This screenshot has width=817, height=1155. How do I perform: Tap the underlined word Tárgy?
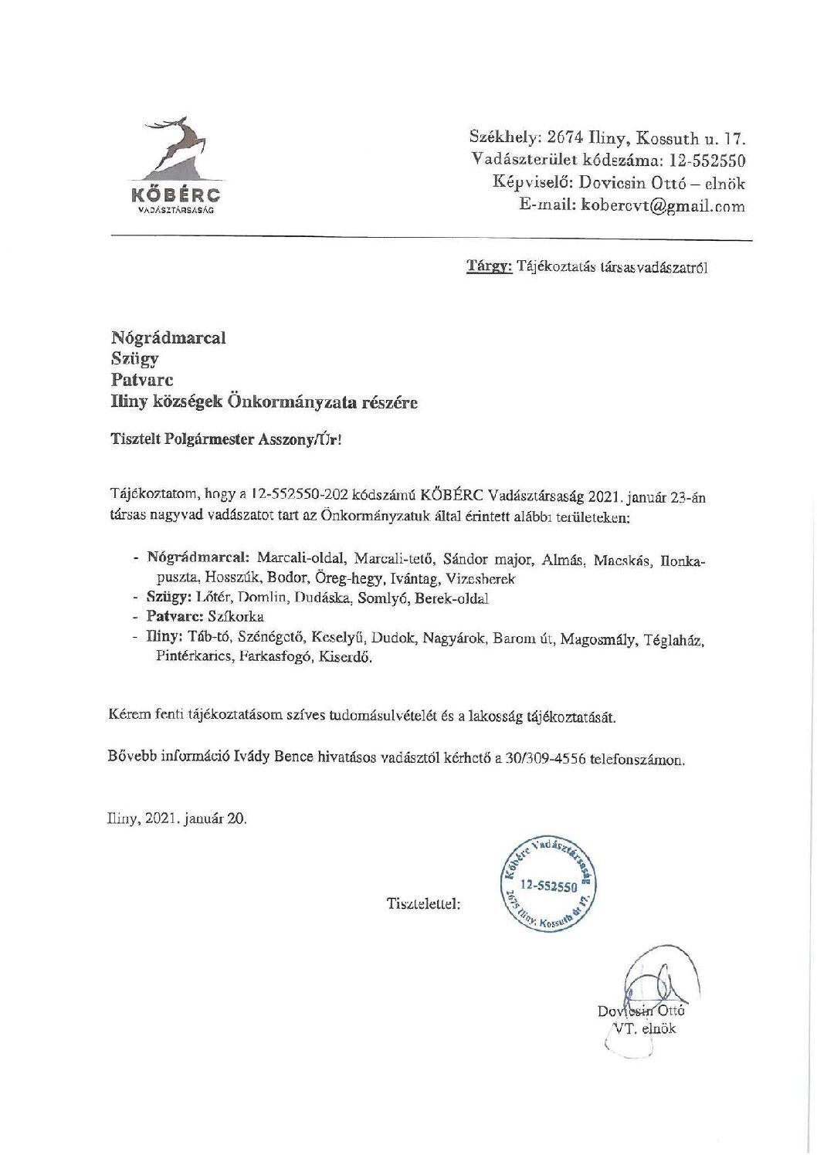pyautogui.click(x=489, y=268)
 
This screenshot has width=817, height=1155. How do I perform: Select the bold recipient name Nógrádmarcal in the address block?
pyautogui.click(x=168, y=337)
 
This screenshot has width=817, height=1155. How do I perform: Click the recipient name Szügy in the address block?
pyautogui.click(x=135, y=358)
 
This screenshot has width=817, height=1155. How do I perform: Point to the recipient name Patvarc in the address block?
pyautogui.click(x=142, y=380)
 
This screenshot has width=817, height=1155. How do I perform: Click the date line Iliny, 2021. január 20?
pyautogui.click(x=178, y=819)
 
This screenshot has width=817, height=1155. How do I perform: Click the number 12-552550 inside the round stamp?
pyautogui.click(x=548, y=886)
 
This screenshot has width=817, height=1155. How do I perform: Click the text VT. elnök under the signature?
pyautogui.click(x=644, y=1028)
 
